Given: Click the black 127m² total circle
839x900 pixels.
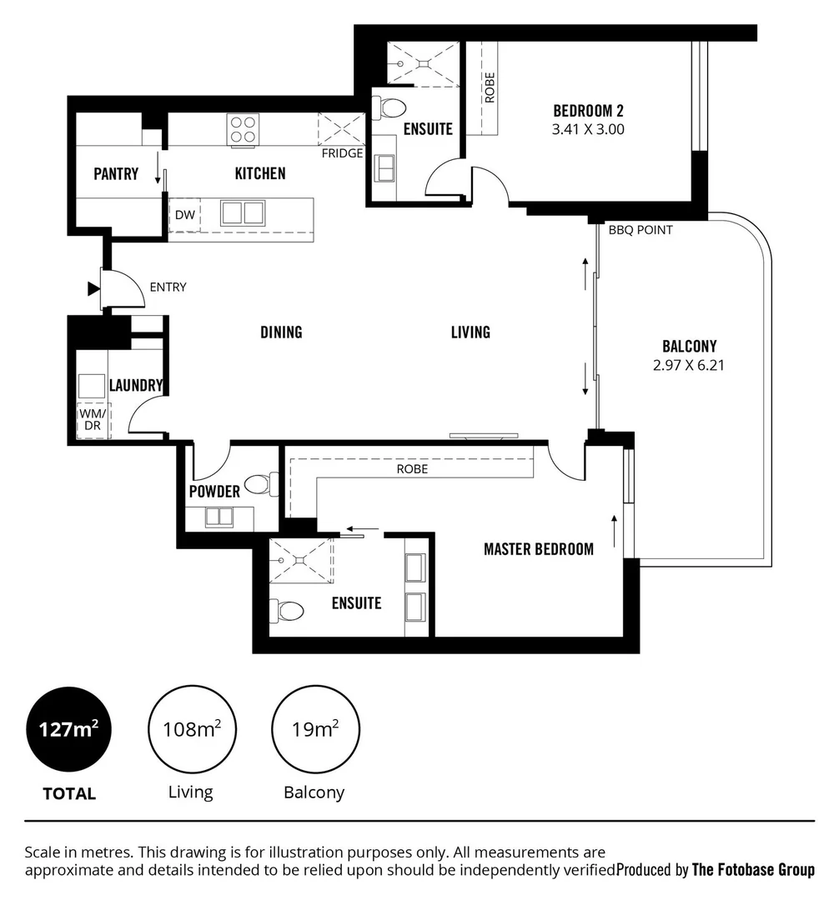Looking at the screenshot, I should (x=69, y=730).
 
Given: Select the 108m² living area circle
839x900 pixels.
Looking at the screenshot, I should (x=190, y=730).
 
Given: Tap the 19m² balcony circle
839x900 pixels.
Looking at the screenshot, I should (x=314, y=730).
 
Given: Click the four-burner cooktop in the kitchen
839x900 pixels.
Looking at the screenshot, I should (x=243, y=129).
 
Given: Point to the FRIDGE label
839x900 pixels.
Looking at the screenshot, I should (x=343, y=153).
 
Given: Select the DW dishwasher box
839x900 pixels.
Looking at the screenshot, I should (x=184, y=215).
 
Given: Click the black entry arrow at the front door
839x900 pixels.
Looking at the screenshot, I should (x=93, y=289).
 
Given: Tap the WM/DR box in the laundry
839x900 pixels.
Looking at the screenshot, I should (x=93, y=420).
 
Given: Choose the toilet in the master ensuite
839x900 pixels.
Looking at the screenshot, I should (x=288, y=611).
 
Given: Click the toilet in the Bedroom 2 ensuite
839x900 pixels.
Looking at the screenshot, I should (x=389, y=107).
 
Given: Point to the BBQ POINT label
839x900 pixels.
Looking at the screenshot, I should (x=641, y=230).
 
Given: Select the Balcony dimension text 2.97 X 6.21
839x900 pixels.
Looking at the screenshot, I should (x=689, y=363).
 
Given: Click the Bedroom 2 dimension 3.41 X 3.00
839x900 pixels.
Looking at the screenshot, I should (x=588, y=129).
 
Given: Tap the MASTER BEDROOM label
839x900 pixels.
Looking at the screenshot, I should (x=539, y=548).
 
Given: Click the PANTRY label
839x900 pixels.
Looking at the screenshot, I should (x=116, y=173).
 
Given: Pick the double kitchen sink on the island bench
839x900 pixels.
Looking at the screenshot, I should (x=242, y=213).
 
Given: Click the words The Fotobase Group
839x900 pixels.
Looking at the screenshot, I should (x=753, y=870).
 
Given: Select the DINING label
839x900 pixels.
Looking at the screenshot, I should (x=281, y=332).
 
